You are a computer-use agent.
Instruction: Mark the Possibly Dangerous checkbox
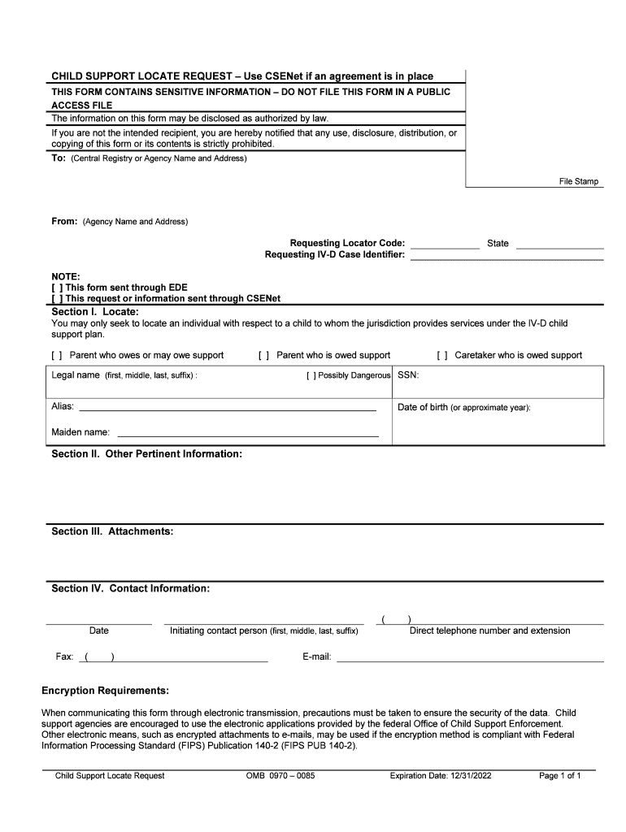click(311, 376)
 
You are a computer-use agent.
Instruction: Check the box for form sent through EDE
click(57, 288)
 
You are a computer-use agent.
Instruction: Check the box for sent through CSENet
click(57, 298)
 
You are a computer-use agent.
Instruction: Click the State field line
click(559, 246)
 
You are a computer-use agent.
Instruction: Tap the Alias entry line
click(227, 409)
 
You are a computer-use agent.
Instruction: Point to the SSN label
click(408, 375)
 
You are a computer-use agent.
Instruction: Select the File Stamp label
click(578, 181)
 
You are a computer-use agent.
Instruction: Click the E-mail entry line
click(469, 661)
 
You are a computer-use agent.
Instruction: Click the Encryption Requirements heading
click(105, 691)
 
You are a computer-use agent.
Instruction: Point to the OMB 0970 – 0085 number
click(280, 776)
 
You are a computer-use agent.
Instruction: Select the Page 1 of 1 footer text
click(560, 776)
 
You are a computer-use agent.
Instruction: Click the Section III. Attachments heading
click(112, 531)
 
